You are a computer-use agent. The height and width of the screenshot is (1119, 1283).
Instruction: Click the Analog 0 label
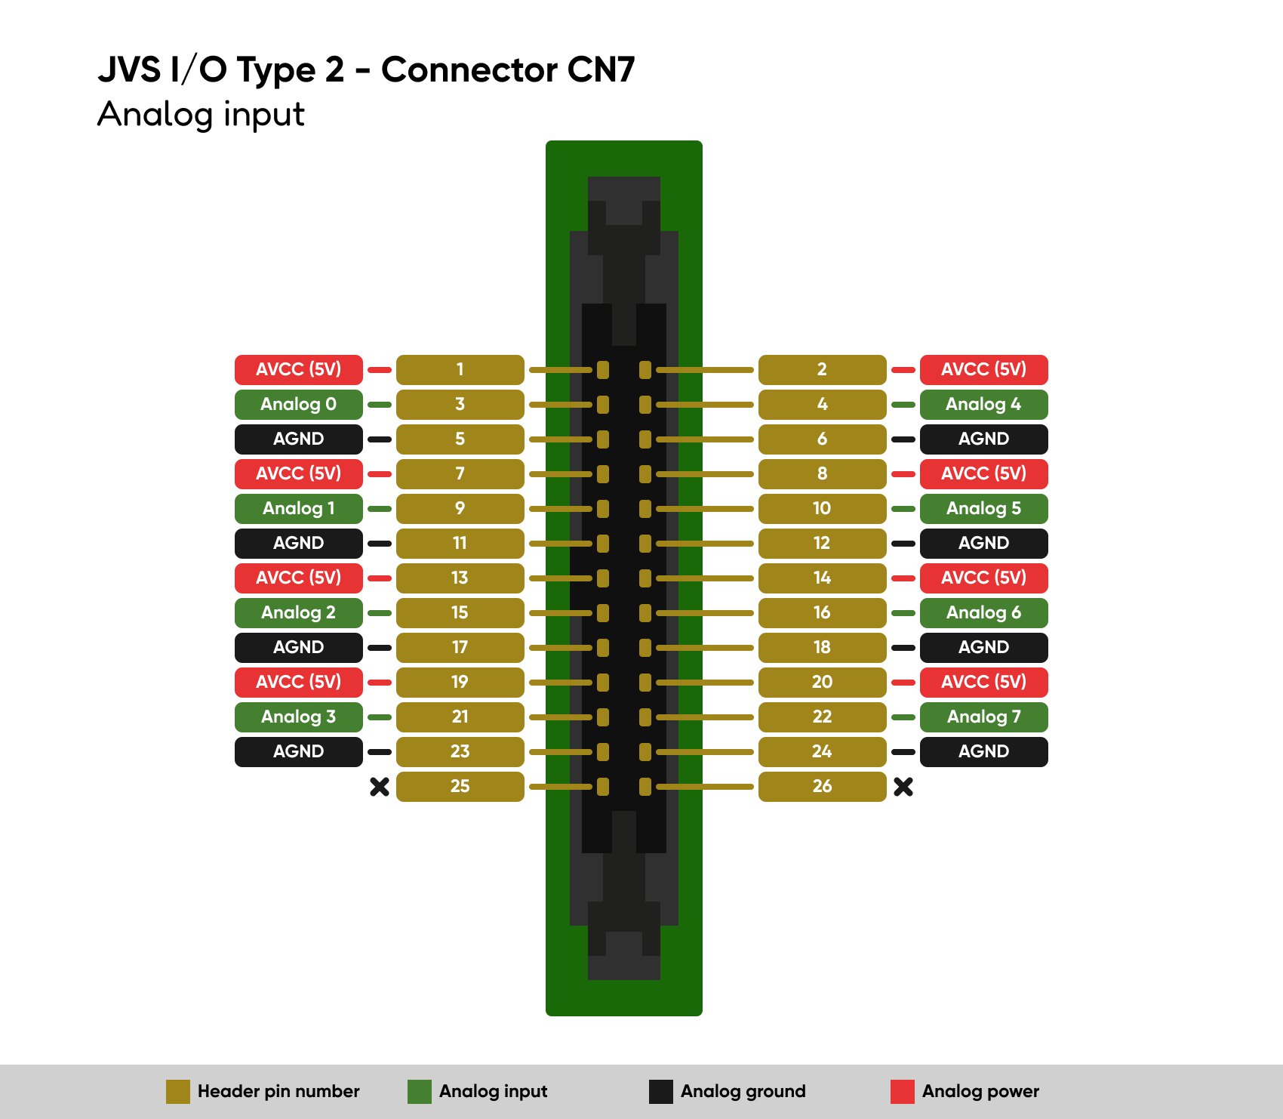(299, 405)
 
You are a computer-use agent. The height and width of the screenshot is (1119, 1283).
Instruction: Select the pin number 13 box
(460, 578)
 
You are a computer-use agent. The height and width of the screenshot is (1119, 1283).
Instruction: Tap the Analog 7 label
(984, 717)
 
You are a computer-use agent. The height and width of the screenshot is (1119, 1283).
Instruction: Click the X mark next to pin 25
(380, 787)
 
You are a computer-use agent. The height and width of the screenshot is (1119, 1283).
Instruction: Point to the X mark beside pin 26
(903, 787)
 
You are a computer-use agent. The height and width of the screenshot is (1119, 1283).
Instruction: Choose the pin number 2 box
(823, 370)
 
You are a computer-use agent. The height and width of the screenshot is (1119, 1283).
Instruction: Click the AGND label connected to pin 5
(299, 439)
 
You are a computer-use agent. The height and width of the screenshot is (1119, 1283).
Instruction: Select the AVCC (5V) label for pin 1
(299, 370)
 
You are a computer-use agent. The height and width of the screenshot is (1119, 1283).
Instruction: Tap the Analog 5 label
(984, 509)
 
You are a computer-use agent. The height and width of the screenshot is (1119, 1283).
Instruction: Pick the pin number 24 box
(823, 752)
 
